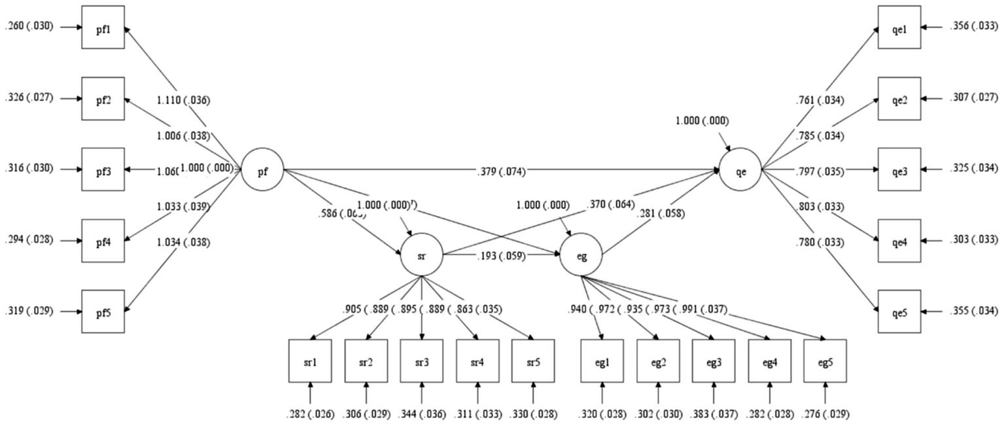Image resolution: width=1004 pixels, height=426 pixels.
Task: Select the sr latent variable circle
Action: (422, 256)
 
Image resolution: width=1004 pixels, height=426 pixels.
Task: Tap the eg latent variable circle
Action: (581, 256)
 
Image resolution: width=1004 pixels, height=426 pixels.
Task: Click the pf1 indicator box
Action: (103, 27)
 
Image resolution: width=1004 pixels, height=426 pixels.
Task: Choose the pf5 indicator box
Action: (103, 311)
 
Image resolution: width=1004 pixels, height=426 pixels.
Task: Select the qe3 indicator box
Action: (899, 169)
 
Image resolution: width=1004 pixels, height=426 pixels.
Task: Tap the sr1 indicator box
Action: (310, 361)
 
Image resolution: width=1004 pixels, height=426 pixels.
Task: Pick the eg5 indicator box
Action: (825, 361)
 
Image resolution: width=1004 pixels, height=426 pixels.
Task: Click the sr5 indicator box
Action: (533, 361)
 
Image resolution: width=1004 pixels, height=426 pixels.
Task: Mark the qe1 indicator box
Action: (899, 27)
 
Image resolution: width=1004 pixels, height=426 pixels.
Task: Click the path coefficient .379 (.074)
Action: (502, 171)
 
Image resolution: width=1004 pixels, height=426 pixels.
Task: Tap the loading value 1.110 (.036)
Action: (182, 101)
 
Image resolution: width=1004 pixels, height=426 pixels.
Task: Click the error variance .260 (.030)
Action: (31, 27)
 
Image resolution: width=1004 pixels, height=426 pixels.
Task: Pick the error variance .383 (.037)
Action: (714, 414)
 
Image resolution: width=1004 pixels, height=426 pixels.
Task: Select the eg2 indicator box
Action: (658, 361)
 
